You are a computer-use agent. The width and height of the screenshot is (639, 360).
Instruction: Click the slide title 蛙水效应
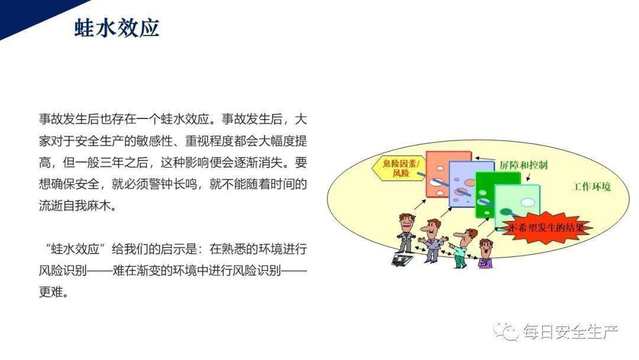point(117,28)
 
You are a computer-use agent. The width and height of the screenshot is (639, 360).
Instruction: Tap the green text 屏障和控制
point(523,165)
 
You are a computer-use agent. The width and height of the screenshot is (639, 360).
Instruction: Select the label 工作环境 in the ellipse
point(592,187)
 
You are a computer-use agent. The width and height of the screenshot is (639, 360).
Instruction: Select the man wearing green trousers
point(461,249)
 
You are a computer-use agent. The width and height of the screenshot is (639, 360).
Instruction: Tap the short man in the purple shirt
point(485,255)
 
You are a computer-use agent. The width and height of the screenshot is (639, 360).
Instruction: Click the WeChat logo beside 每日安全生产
point(506,332)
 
